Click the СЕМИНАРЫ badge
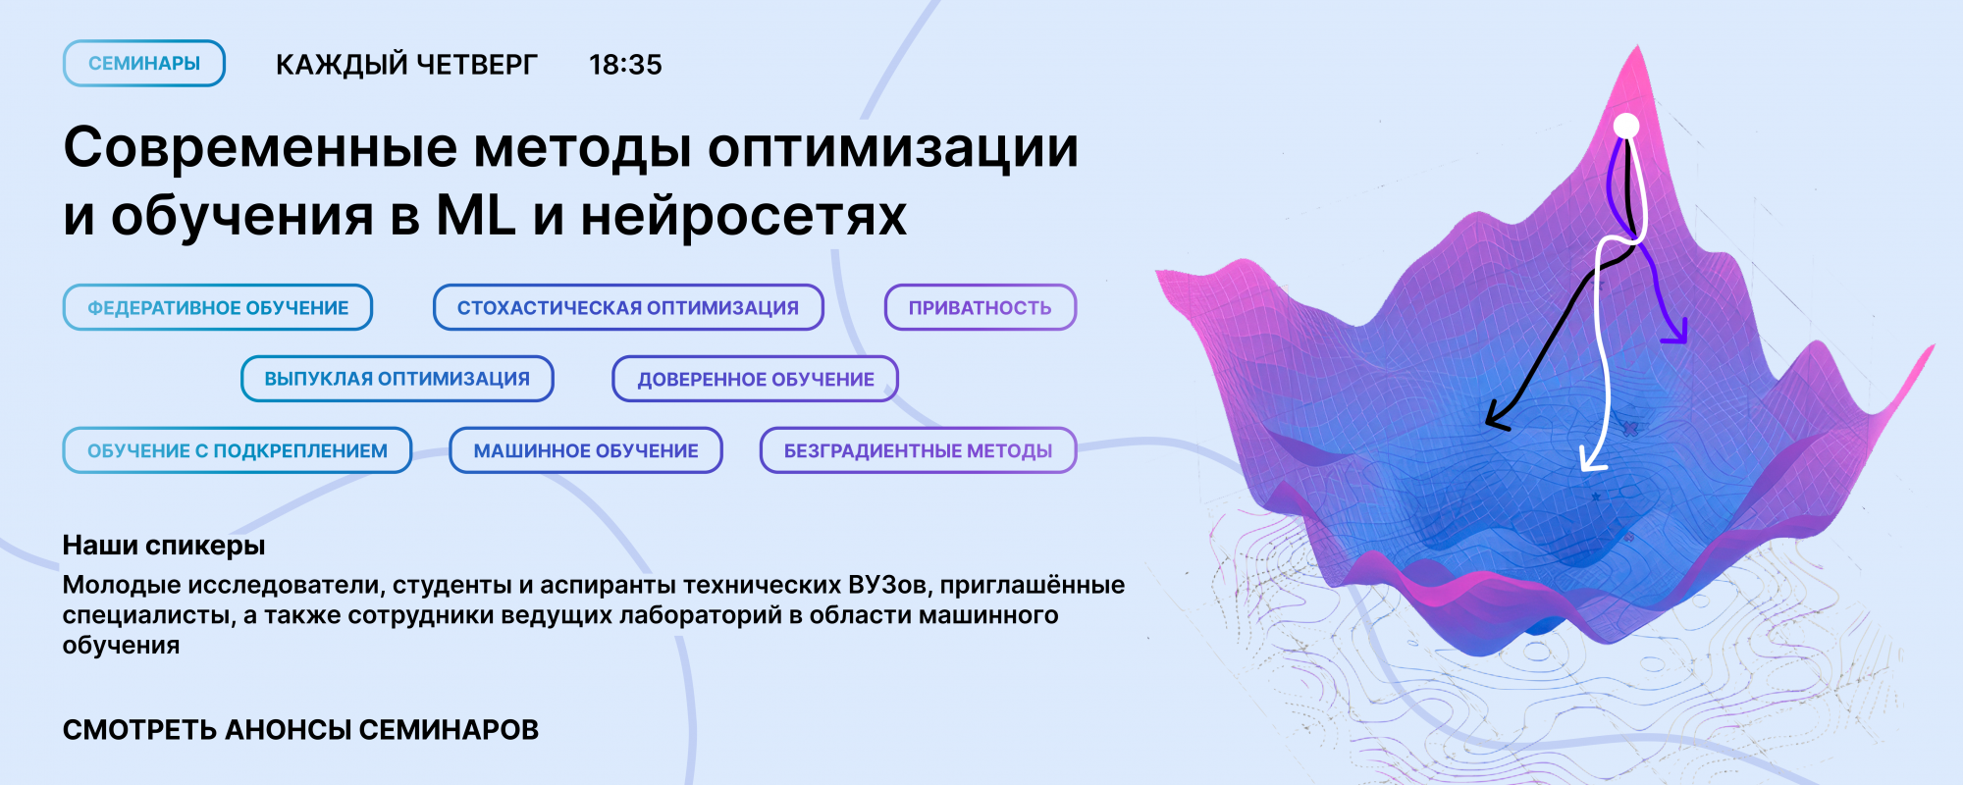click(144, 64)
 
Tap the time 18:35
click(625, 65)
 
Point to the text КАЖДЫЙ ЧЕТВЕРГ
click(406, 65)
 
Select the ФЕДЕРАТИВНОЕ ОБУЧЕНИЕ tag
click(218, 307)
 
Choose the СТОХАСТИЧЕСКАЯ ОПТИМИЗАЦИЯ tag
click(628, 307)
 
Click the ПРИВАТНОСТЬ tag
click(981, 307)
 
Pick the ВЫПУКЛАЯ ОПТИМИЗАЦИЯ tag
click(398, 379)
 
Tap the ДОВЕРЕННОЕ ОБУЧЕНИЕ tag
click(756, 379)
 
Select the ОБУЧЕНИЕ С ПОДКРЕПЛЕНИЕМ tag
click(238, 450)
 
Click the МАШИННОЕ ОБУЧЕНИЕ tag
click(586, 450)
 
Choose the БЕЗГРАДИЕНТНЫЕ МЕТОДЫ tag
click(918, 450)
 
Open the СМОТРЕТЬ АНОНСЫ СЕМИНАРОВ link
click(300, 730)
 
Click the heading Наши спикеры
click(164, 546)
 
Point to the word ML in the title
click(476, 215)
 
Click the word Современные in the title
click(261, 147)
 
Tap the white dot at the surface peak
click(1626, 126)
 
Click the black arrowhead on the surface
click(1496, 416)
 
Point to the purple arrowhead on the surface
click(1675, 332)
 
